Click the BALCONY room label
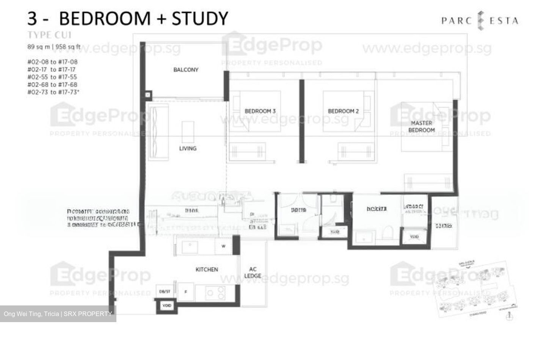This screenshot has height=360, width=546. pos(186,70)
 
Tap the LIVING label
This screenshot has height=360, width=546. pos(188,148)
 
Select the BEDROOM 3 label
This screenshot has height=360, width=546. pos(260,111)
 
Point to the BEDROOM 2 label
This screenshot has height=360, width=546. pos(343,111)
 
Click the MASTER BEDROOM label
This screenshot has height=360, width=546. pos(421,127)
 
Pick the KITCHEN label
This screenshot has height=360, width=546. pos(207,269)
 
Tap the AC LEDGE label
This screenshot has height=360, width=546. pos(253,272)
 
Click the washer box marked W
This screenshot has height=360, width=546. pos(224,246)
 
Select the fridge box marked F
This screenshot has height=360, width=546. pos(186,292)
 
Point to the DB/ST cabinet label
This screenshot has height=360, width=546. pos(165,292)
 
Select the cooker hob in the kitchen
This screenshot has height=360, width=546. pos(215,293)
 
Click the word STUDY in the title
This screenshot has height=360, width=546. pos(200,18)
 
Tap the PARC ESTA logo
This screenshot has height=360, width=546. pos(480,20)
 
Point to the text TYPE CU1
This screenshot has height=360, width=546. pos(49,35)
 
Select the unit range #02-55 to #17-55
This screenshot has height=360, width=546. pos(52,77)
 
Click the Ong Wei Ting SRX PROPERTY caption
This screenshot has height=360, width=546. pos(58,314)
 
